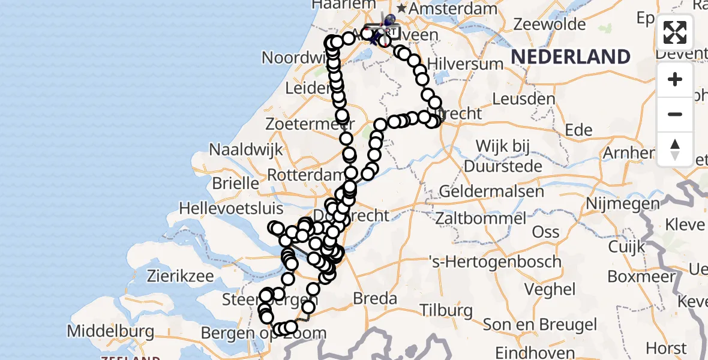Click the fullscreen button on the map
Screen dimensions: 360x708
(675, 32)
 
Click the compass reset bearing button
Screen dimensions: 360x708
(675, 149)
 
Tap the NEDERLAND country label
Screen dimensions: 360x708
(570, 57)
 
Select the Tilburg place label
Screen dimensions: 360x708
(446, 310)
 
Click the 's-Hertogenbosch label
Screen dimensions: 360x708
(495, 262)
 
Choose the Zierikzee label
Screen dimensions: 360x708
(180, 277)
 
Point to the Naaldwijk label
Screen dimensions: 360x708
(245, 149)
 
